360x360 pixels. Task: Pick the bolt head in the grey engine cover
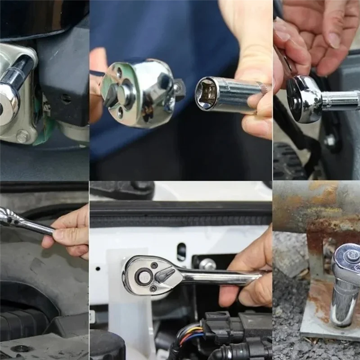point(21,349)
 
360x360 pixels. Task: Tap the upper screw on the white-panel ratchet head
point(154,265)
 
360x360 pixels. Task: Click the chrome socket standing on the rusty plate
point(344,301)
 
